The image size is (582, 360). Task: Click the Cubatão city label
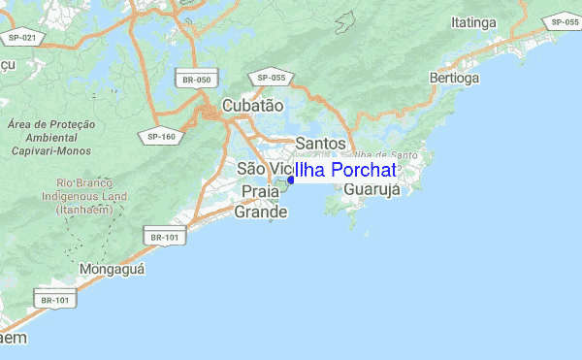[x=252, y=105]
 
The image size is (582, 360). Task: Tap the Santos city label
[x=319, y=144]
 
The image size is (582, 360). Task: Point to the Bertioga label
[x=454, y=77]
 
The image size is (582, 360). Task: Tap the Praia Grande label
[x=262, y=201]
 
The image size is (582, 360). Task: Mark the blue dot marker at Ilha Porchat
[x=290, y=180]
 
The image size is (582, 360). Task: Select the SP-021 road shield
[x=20, y=38]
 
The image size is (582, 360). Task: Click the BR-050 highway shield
[x=196, y=79]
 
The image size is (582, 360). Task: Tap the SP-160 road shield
[x=161, y=136]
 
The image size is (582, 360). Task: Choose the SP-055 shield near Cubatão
[x=271, y=77]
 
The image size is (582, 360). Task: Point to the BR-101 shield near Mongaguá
[x=55, y=300]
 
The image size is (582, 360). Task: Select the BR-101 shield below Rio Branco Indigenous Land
[x=162, y=237]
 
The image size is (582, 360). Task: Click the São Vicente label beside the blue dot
[x=258, y=170]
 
